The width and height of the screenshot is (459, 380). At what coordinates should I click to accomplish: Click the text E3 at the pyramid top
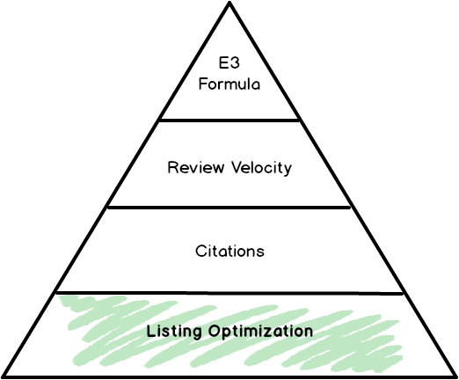click(229, 62)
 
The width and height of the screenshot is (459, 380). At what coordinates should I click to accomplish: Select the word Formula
click(229, 84)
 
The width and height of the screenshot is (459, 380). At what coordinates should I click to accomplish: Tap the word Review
click(196, 167)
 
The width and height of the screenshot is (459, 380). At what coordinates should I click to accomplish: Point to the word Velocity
click(262, 168)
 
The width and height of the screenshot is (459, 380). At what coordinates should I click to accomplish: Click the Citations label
click(229, 252)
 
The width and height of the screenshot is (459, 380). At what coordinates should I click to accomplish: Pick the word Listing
click(174, 332)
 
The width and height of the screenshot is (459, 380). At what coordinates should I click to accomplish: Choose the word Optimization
click(260, 332)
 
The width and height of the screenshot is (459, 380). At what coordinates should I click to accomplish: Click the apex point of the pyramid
click(229, 3)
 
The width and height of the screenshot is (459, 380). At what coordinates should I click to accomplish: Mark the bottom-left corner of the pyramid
click(4, 376)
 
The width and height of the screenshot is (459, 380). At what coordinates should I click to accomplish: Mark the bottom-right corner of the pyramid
click(455, 376)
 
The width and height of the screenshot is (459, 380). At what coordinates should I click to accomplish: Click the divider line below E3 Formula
click(229, 120)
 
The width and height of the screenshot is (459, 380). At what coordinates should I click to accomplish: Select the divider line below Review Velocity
click(229, 208)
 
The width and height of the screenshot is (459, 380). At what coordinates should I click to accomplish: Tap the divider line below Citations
click(229, 293)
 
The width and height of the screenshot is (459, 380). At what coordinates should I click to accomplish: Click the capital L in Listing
click(150, 331)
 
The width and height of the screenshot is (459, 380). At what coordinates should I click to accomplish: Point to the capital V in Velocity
click(237, 167)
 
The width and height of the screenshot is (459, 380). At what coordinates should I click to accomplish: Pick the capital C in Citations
click(200, 252)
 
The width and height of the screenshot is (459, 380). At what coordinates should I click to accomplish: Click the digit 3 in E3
click(236, 62)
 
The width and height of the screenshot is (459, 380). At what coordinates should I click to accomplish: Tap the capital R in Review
click(172, 167)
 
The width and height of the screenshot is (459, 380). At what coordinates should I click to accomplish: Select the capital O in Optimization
click(215, 331)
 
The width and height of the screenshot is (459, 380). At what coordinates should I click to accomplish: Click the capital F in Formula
click(203, 84)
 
